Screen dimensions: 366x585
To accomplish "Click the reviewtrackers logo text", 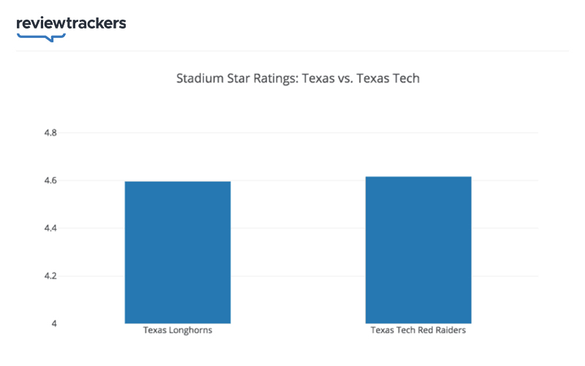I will point(71,23).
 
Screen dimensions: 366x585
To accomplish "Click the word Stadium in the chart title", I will point(197,77).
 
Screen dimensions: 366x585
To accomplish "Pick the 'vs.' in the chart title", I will point(338,77).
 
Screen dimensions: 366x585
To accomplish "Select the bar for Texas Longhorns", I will point(178,252).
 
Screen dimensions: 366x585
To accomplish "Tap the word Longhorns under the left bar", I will point(190,331).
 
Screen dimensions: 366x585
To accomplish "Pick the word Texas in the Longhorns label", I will point(155,331).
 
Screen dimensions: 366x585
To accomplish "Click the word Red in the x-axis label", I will point(424,331).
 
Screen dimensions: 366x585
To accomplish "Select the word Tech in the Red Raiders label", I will point(404,331).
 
